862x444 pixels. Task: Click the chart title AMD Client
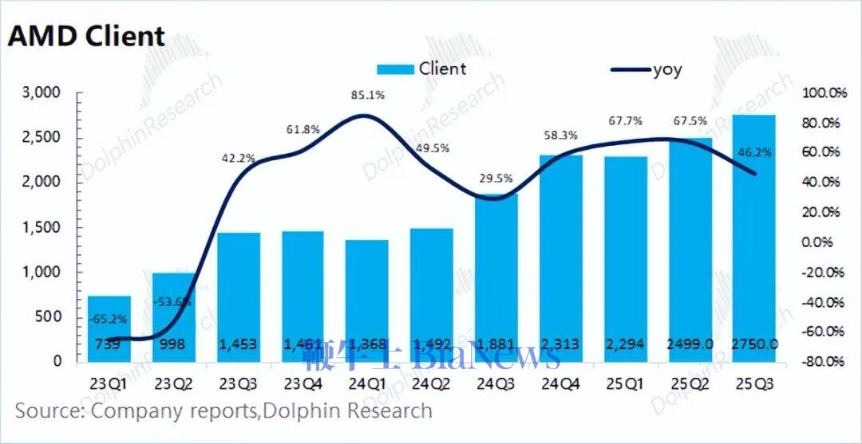point(86,35)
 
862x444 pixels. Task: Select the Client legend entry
point(420,69)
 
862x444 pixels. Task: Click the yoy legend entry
point(646,69)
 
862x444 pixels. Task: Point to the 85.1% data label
point(366,95)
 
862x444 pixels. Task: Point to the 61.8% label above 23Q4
point(302,128)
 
